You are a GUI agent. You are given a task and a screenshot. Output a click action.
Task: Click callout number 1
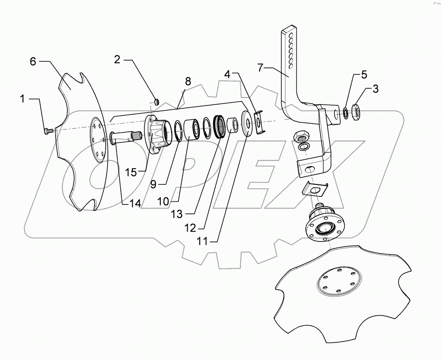(x=22, y=100)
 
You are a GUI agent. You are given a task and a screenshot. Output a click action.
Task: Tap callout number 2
(x=117, y=60)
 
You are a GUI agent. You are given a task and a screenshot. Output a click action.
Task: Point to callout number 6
(x=33, y=61)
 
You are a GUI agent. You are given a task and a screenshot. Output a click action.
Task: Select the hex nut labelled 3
(x=356, y=111)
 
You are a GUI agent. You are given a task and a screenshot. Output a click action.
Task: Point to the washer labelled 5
(x=346, y=112)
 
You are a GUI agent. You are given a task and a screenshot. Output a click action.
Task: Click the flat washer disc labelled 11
(x=248, y=123)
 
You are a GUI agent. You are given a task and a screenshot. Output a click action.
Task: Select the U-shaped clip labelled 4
(x=259, y=122)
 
